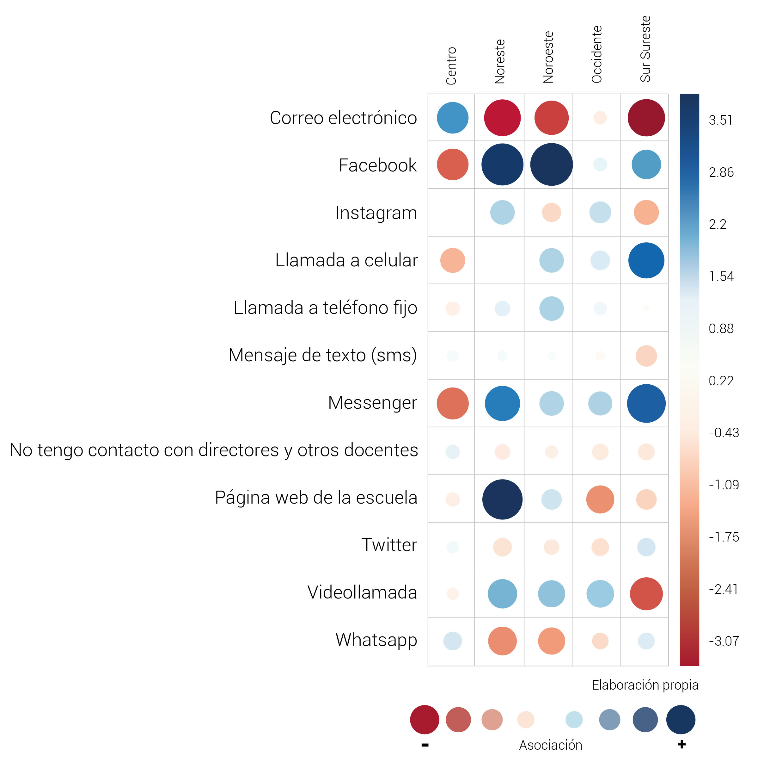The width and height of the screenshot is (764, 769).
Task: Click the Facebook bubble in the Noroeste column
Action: (x=551, y=164)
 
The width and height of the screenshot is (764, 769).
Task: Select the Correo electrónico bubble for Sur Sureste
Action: (x=646, y=118)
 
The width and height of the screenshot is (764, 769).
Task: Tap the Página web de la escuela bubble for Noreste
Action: (x=502, y=499)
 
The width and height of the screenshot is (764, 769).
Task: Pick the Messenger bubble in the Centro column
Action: (x=453, y=403)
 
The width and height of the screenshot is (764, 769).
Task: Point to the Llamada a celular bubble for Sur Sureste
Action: (x=646, y=260)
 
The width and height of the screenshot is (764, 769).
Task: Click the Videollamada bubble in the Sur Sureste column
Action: (x=646, y=594)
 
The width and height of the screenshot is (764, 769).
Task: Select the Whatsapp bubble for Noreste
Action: (x=502, y=641)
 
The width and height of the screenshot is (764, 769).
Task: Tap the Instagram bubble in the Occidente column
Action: (x=600, y=213)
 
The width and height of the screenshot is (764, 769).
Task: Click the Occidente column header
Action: (x=596, y=54)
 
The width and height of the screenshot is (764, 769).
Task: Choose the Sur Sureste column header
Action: (x=645, y=49)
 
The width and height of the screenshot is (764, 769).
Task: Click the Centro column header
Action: (x=451, y=66)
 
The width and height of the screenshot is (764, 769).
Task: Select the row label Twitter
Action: (x=389, y=545)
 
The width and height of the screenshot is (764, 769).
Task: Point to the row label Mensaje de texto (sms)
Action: (x=322, y=355)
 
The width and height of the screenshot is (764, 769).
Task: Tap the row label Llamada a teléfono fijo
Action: (x=325, y=308)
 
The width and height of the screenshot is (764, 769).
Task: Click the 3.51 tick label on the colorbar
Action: (x=720, y=120)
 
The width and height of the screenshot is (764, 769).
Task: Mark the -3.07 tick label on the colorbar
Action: (x=724, y=641)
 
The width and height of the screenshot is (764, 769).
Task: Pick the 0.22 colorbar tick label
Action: (x=721, y=381)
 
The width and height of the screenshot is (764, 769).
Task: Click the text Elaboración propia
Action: (x=645, y=685)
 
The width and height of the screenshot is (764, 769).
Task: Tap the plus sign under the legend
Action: (x=682, y=744)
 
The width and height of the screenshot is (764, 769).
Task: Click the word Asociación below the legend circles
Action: (x=550, y=745)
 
